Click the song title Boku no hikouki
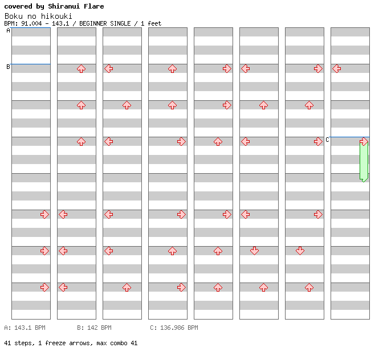pos(38,16)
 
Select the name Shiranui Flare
pos(76,6)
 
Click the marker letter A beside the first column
pos(8,31)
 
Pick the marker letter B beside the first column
pos(8,67)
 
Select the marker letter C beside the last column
pos(327,140)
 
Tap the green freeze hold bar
pos(364,162)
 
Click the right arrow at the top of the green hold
pos(364,141)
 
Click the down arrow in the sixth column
pos(254,251)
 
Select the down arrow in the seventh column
pos(300,251)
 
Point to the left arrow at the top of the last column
pos(336,68)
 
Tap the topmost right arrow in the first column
pos(44,214)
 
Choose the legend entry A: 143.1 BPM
pos(25,328)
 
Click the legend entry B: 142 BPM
pos(94,328)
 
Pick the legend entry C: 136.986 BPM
pos(174,328)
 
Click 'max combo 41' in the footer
pos(117,343)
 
